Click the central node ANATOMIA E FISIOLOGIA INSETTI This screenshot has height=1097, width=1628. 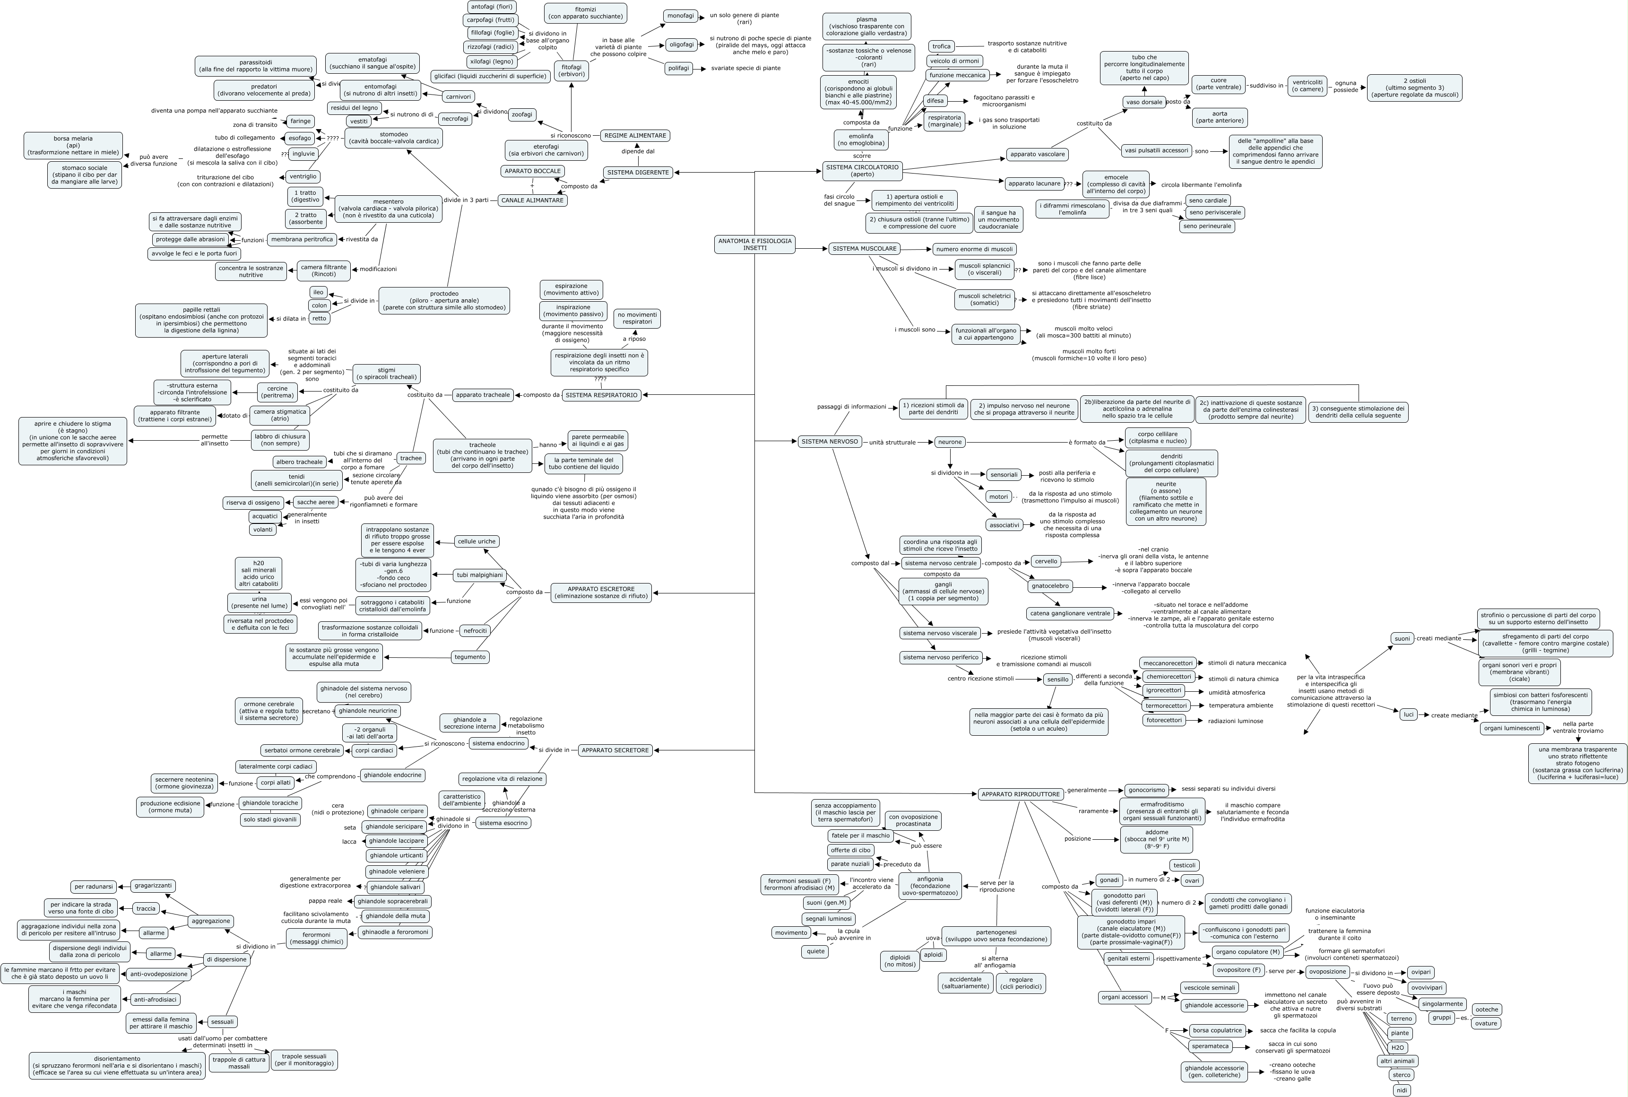point(754,244)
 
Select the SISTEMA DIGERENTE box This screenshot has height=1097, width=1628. point(638,172)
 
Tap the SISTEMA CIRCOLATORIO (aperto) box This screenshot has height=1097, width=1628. point(862,171)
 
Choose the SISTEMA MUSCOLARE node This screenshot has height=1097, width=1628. point(865,248)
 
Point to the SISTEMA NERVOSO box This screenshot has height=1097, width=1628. point(830,442)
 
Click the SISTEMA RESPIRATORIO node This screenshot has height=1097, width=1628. point(601,394)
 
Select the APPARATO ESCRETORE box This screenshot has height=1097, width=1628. point(601,592)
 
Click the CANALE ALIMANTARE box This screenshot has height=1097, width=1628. point(532,200)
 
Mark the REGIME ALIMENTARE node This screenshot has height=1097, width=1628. point(635,135)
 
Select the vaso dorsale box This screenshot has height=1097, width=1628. point(1144,102)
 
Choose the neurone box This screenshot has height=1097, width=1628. point(950,442)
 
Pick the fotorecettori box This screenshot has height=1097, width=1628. point(1164,720)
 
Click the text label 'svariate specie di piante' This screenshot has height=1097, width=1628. point(745,68)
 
